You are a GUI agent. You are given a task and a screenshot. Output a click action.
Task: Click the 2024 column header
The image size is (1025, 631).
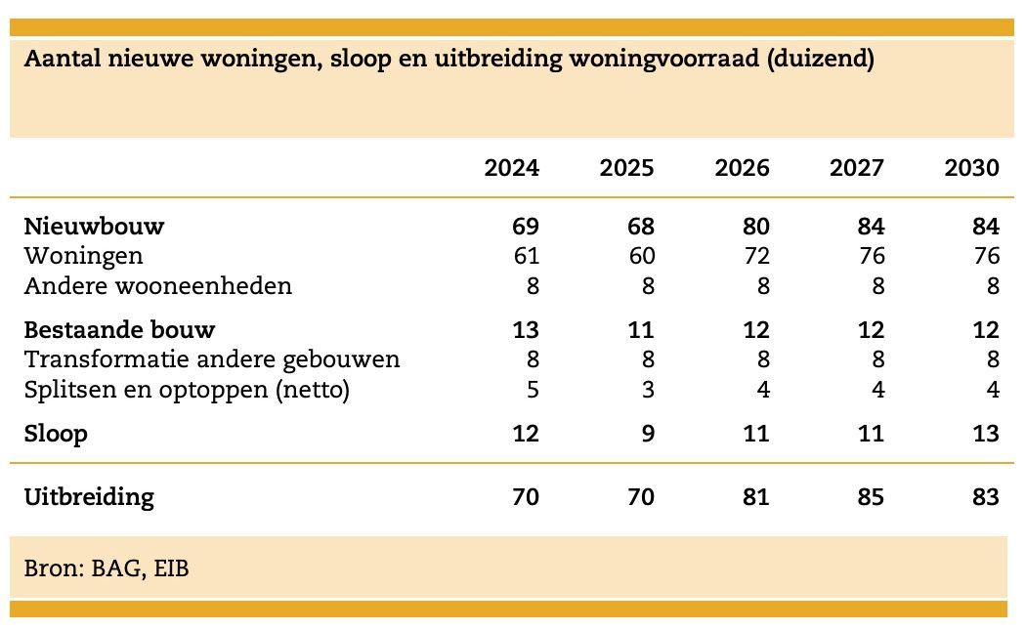click(x=511, y=168)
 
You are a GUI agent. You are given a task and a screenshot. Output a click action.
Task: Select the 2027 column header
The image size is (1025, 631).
click(x=857, y=168)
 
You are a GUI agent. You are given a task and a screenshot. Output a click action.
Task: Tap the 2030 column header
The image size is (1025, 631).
click(x=971, y=168)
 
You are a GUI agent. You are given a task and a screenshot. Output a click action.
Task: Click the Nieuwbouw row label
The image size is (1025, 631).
click(x=94, y=227)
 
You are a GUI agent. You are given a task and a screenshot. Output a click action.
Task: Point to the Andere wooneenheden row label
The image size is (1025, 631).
click(x=157, y=286)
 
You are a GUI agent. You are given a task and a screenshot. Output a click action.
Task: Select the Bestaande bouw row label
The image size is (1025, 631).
click(x=119, y=330)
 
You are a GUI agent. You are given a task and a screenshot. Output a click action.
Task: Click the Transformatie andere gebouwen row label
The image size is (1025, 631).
click(x=212, y=359)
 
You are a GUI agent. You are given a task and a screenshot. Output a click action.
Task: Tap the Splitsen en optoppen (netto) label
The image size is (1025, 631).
click(x=187, y=390)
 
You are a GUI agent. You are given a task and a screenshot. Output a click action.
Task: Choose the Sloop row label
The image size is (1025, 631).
click(x=56, y=434)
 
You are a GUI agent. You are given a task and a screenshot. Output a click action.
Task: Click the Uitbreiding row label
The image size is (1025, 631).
click(x=89, y=497)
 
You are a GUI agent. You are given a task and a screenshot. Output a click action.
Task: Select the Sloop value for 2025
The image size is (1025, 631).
click(x=647, y=434)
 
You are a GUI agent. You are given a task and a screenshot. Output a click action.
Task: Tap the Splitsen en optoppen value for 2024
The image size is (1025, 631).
click(x=532, y=390)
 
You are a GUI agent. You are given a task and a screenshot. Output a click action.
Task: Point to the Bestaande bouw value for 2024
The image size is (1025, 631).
click(x=526, y=330)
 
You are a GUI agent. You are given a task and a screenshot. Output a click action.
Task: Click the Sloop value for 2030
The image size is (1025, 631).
click(x=985, y=434)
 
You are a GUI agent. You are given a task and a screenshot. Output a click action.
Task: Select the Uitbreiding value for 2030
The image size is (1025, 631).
click(x=985, y=497)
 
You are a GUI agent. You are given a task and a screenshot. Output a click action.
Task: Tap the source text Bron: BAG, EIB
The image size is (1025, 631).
click(x=107, y=568)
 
